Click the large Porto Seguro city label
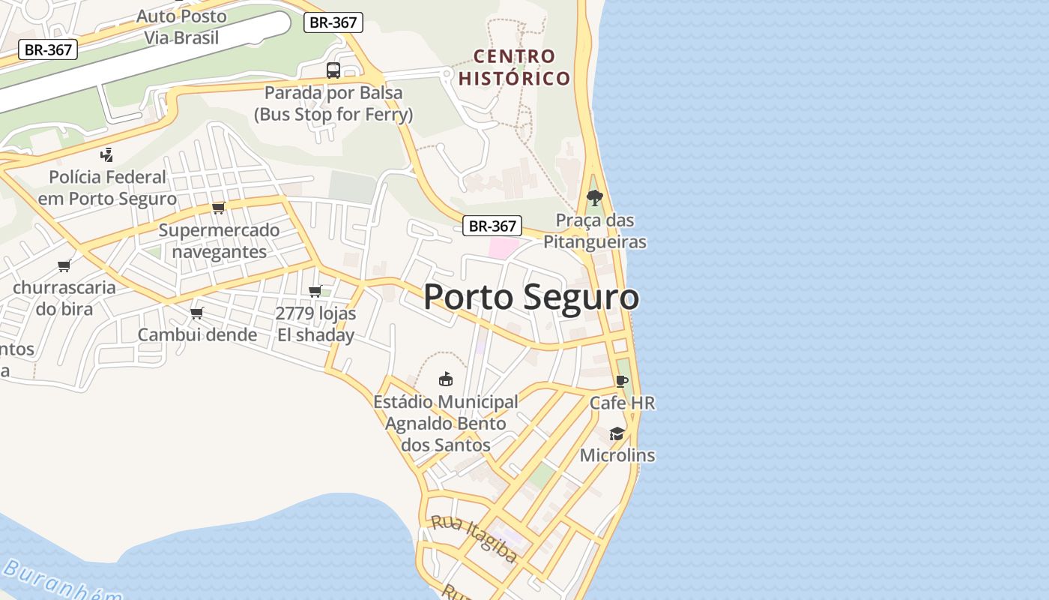531,297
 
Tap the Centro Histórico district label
515,67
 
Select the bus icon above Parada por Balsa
333,70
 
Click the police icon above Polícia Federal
106,155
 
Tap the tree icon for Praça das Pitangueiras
595,198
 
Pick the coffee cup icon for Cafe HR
621,381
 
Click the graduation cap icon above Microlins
617,433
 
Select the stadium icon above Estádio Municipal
446,379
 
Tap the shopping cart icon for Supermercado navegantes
218,208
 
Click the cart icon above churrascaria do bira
64,265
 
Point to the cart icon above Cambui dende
196,313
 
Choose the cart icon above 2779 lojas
315,291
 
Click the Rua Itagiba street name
474,538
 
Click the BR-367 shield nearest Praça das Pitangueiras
492,226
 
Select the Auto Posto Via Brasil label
181,26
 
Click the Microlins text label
617,455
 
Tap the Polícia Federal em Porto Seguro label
107,187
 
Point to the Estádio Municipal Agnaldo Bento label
446,423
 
